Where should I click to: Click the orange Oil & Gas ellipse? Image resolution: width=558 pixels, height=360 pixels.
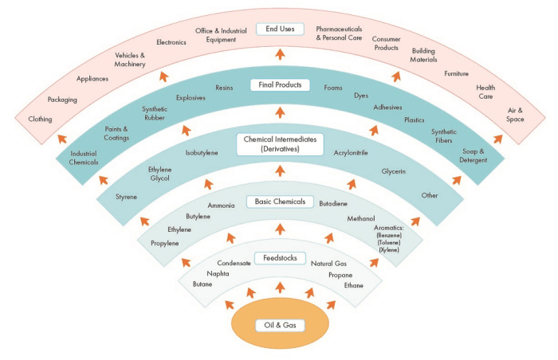click(279, 325)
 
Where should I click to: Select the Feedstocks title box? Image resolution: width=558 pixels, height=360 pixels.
click(279, 257)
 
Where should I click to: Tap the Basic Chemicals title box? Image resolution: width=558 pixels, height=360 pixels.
click(278, 202)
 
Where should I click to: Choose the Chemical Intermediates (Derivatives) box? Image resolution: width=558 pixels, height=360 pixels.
click(279, 144)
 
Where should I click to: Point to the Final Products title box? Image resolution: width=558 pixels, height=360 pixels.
click(279, 84)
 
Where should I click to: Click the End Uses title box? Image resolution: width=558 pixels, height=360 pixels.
click(279, 29)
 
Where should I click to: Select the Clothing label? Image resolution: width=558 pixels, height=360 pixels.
click(41, 119)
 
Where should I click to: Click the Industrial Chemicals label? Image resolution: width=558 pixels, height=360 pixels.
click(84, 158)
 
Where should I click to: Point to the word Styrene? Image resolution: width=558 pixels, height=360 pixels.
click(126, 196)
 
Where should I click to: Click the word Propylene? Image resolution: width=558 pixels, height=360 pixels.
click(164, 243)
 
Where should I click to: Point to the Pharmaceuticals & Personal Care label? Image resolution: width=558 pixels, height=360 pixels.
click(340, 33)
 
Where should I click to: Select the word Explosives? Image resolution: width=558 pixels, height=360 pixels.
click(191, 98)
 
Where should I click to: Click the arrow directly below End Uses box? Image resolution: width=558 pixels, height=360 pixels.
click(279, 53)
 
